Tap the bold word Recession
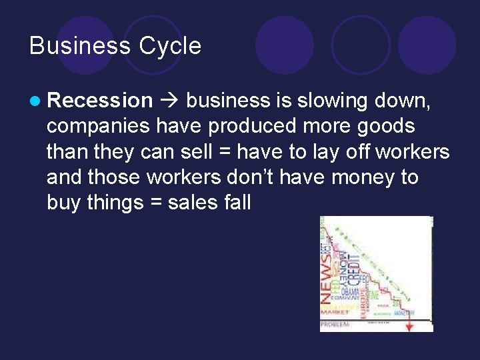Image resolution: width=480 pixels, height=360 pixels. coord(101,101)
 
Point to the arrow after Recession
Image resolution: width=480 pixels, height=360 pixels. coord(170,101)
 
